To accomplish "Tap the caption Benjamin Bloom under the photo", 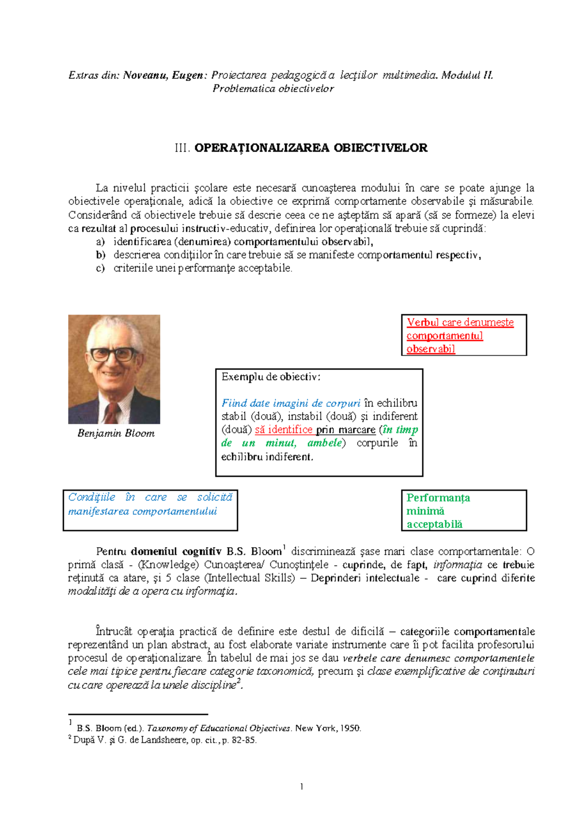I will pos(116,433).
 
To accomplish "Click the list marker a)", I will pos(100,241).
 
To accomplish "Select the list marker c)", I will pos(100,268).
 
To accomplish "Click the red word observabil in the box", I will pos(431,349).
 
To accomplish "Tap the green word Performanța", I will pos(438,498).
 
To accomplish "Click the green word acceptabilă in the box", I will pos(434,524).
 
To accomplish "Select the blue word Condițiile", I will pos(92,497).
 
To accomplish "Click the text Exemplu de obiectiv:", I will pos(271,377).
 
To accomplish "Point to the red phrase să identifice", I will pos(284,430).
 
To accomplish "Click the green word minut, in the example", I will pos(281,443).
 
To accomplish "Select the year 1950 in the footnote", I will pos(350,728).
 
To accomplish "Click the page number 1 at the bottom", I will pos(301,786).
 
